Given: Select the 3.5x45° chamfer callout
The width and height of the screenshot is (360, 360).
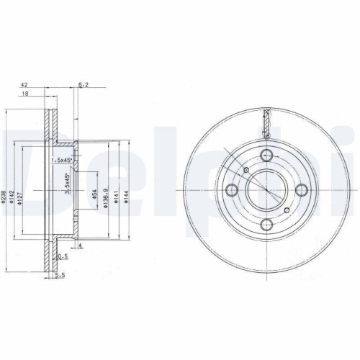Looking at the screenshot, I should (68, 184).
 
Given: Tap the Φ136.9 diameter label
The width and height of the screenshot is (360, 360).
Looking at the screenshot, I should (107, 192).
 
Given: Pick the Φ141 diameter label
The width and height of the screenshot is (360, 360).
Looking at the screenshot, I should (117, 192).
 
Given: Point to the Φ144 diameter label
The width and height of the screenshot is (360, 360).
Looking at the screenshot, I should (126, 192).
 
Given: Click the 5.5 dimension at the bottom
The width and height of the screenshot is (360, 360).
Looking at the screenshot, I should (61, 274).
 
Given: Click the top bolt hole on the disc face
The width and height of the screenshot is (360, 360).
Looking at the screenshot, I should (266, 154).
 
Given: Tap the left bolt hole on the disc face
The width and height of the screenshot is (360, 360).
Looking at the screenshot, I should (233, 189).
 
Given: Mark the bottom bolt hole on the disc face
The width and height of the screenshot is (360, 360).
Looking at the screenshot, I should (266, 225).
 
